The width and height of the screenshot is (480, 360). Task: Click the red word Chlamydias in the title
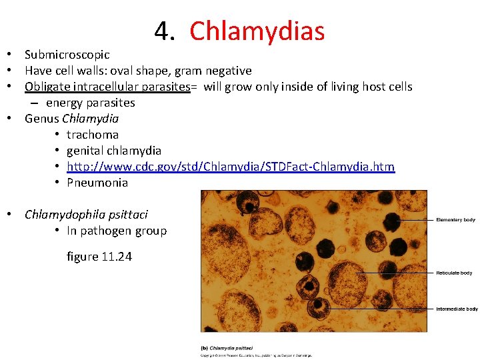(x=257, y=31)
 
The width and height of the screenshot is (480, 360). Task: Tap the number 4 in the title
(x=161, y=31)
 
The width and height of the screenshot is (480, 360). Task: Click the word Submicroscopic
(x=67, y=55)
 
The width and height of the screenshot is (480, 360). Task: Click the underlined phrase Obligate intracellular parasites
(x=107, y=87)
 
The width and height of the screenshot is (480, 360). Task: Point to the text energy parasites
(x=90, y=103)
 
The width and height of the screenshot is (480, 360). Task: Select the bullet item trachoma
(x=93, y=135)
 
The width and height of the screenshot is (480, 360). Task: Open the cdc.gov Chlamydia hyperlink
(x=230, y=167)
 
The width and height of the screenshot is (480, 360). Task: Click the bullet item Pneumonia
(x=97, y=183)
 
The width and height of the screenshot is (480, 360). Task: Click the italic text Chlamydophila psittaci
(x=86, y=215)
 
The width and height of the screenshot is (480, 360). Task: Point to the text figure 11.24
(x=99, y=256)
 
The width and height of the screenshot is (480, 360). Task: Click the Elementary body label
(x=455, y=220)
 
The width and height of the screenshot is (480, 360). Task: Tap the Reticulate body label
(x=454, y=273)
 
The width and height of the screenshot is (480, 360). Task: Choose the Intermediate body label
(x=457, y=309)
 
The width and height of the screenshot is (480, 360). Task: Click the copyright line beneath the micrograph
(x=257, y=355)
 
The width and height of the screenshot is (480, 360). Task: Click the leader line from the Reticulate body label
(x=393, y=273)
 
